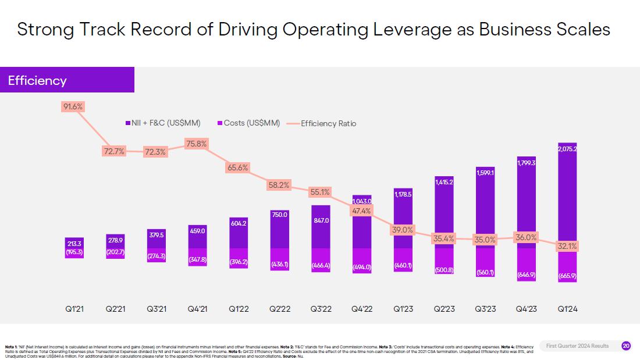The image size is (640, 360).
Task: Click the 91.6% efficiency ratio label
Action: (73, 106)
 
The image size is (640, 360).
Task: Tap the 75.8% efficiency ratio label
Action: (196, 144)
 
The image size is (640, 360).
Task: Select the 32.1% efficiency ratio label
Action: (567, 246)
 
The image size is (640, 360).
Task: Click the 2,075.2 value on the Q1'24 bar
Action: (567, 149)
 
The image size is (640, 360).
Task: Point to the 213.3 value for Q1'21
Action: (74, 243)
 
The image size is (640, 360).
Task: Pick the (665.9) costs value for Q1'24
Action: (567, 276)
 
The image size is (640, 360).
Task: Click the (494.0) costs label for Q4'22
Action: (361, 267)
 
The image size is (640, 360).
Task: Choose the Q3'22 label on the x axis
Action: (321, 309)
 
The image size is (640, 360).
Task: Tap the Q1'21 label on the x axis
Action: (74, 309)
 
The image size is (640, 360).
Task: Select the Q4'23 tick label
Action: (526, 309)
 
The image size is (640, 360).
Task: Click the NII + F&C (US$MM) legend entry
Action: (162, 123)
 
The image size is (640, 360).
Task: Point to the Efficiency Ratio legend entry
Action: (328, 123)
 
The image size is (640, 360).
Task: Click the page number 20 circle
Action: (625, 346)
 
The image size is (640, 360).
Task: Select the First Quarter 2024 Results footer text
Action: (577, 346)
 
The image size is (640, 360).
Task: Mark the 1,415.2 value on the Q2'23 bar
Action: (444, 182)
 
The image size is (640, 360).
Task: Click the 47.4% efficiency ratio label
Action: (361, 211)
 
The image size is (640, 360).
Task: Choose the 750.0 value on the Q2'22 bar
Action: (279, 215)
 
